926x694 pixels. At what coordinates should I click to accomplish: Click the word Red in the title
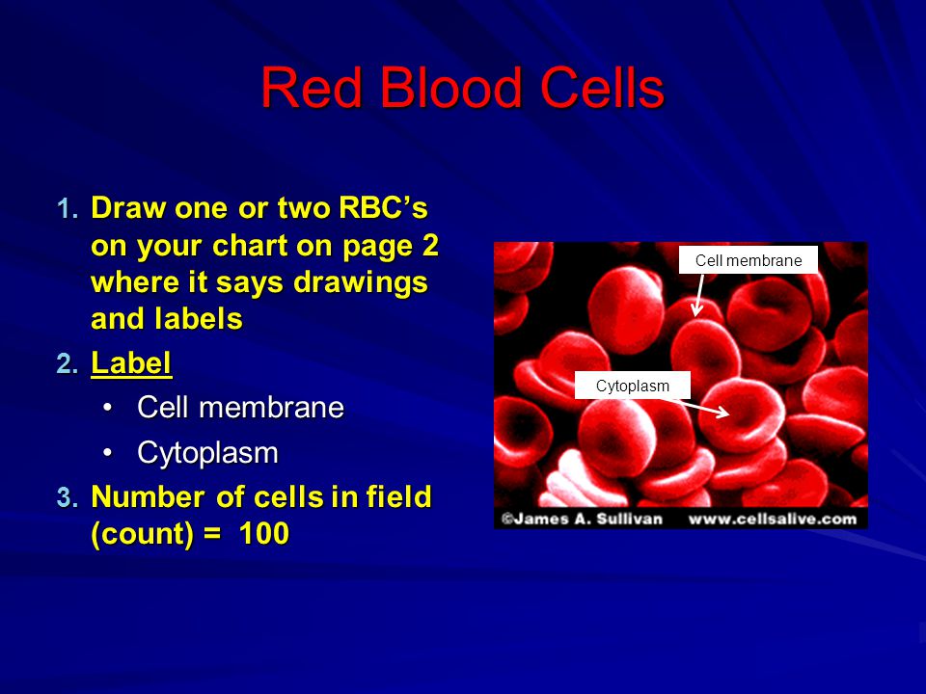pos(312,88)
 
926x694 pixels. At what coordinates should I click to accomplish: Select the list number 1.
pos(68,209)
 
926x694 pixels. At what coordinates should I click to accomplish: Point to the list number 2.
pos(68,363)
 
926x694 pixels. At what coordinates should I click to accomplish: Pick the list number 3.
pos(68,497)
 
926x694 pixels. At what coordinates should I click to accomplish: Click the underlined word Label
pos(131,363)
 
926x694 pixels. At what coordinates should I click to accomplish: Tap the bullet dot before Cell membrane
pos(107,407)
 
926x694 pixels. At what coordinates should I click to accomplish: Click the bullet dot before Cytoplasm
pos(107,453)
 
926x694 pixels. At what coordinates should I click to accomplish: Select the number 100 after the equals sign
pos(264,533)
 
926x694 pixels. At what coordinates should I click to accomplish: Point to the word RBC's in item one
pos(383,208)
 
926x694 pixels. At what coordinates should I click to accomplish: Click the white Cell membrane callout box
pos(749,260)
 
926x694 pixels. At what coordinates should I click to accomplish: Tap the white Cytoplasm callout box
pos(633,386)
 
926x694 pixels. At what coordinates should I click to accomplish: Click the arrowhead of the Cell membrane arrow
pos(696,311)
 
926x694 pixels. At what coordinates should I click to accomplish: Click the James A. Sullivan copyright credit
pos(582,519)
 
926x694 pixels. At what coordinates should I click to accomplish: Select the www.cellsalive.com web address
pos(773,520)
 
